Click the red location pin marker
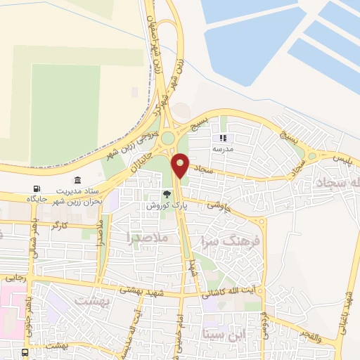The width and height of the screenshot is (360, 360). pyautogui.click(x=181, y=165)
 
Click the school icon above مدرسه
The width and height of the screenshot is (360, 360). pyautogui.click(x=224, y=138)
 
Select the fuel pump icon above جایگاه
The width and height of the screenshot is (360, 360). pyautogui.click(x=37, y=189)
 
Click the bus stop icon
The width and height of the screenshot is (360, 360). pyautogui.click(x=25, y=352)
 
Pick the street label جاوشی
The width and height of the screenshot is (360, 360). pyautogui.click(x=219, y=205)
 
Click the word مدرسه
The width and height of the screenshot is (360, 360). pyautogui.click(x=232, y=149)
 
